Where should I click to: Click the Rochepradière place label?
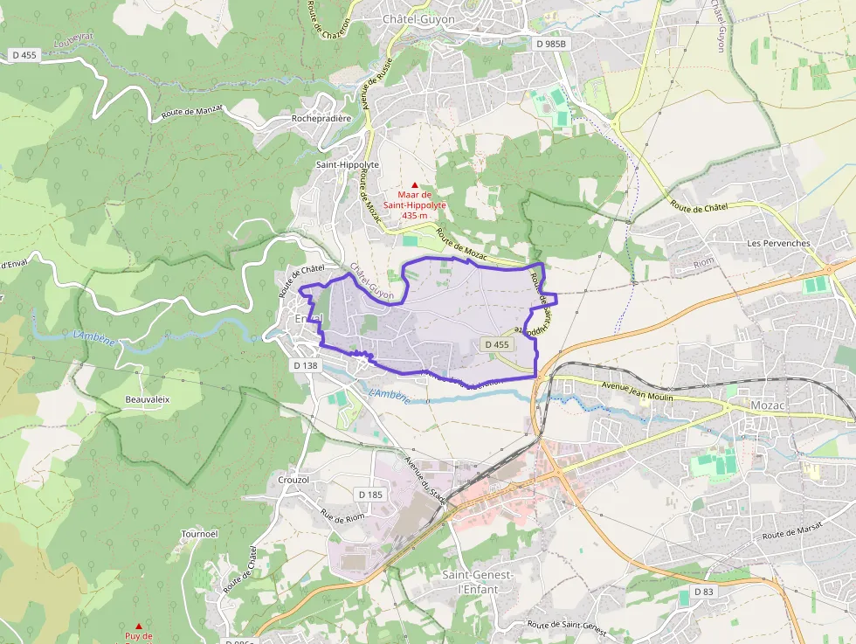coord(321,118)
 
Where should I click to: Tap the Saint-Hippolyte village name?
coord(348,163)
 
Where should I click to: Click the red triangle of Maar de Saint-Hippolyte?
coord(415,184)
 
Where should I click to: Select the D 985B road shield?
coord(551,43)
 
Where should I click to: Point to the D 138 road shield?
coord(307,365)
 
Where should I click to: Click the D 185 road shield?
coord(370,495)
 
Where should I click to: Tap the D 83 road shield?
coord(704,592)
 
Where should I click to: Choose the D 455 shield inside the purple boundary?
coord(496,344)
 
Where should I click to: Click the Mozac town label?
coord(769,405)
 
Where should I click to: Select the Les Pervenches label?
coord(779,244)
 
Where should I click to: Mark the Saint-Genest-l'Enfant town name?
coord(477,582)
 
